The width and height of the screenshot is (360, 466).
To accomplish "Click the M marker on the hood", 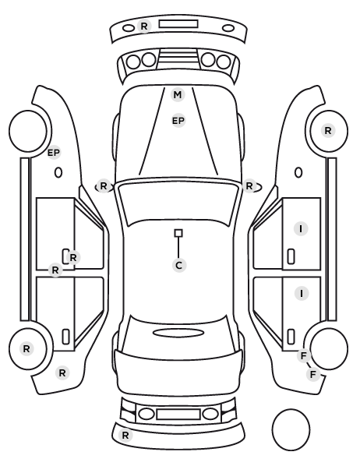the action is pos(178,95).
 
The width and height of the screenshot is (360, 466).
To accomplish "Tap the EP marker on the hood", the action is pos(178,121).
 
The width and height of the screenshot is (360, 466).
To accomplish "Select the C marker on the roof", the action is pos(179,265).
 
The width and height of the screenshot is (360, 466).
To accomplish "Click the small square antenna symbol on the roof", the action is pos(178,233).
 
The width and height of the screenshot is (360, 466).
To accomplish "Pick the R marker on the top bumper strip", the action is pos(144,26).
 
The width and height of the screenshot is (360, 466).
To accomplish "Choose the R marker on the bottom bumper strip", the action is pos(125,436).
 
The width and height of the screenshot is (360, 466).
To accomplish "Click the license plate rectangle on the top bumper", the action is pos(178,24).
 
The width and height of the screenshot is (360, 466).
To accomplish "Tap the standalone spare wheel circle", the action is pos(291,429).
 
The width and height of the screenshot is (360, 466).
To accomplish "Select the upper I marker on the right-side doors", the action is pos(301,229).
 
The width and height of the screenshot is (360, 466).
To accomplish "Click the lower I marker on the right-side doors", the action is pos(302,294).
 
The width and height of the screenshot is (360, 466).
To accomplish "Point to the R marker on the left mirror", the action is pos(103,186).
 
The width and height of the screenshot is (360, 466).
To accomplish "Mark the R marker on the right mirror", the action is pos(249,186).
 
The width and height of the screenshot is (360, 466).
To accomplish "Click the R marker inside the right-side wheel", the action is pos(328,130).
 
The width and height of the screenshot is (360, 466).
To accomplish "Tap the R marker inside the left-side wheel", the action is pos(26,348).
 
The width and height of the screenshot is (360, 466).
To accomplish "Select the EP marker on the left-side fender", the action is pos(54,153).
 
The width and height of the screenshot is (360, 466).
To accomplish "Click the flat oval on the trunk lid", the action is pos(178,333).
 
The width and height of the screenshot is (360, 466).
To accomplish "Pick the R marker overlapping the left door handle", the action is pos(73,257).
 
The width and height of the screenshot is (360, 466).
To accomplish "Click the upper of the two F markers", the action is pos(304,355).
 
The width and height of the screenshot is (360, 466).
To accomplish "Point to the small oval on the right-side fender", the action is pos(298,173).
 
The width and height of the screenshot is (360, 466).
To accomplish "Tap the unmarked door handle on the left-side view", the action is pos(65,337).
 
